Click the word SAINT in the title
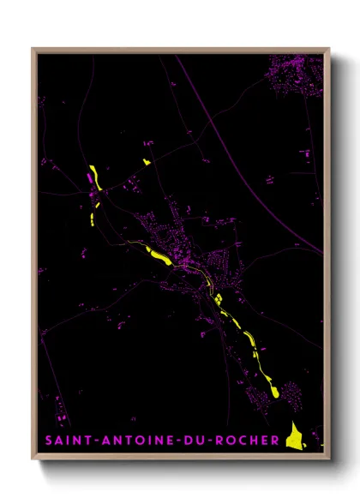pos(63,441)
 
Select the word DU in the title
pos(195,441)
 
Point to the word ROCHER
pos(249,441)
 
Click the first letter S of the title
pos(45,441)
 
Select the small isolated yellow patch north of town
pos(146,161)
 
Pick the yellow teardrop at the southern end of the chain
pos(273,391)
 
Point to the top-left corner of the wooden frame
pos(33,49)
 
